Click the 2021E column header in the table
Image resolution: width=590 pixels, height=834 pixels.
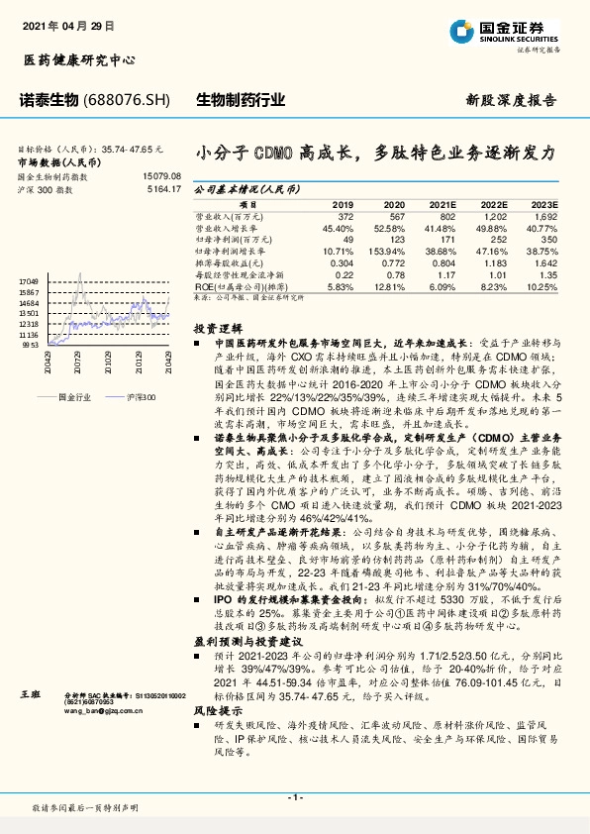pos(442,203)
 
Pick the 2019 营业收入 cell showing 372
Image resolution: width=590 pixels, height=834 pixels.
pos(344,215)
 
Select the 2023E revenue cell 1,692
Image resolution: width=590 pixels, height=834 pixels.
pos(544,215)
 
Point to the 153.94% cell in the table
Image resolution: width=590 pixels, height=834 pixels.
pos(389,252)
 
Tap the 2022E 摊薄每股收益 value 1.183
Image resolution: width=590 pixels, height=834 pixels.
pos(494,263)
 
